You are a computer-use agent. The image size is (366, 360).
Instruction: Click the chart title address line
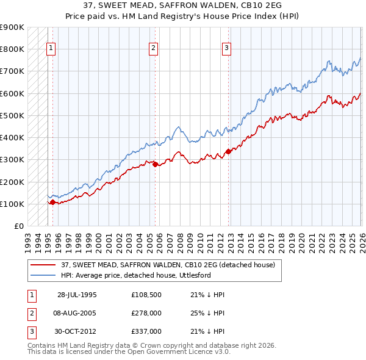point(182,6)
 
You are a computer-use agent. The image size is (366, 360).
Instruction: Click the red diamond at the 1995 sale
point(52,202)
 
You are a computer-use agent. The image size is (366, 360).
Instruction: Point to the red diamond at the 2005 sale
point(155,164)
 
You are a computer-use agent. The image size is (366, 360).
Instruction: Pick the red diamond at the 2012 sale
point(228,151)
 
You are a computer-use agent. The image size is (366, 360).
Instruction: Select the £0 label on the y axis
point(18,226)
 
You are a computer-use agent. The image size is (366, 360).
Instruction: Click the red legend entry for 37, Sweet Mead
point(168,265)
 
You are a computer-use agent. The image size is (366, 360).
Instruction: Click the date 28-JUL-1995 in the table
point(77,294)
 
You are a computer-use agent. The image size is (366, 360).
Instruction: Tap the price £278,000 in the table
point(146,312)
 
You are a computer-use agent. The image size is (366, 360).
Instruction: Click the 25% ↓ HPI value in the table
point(207,312)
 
